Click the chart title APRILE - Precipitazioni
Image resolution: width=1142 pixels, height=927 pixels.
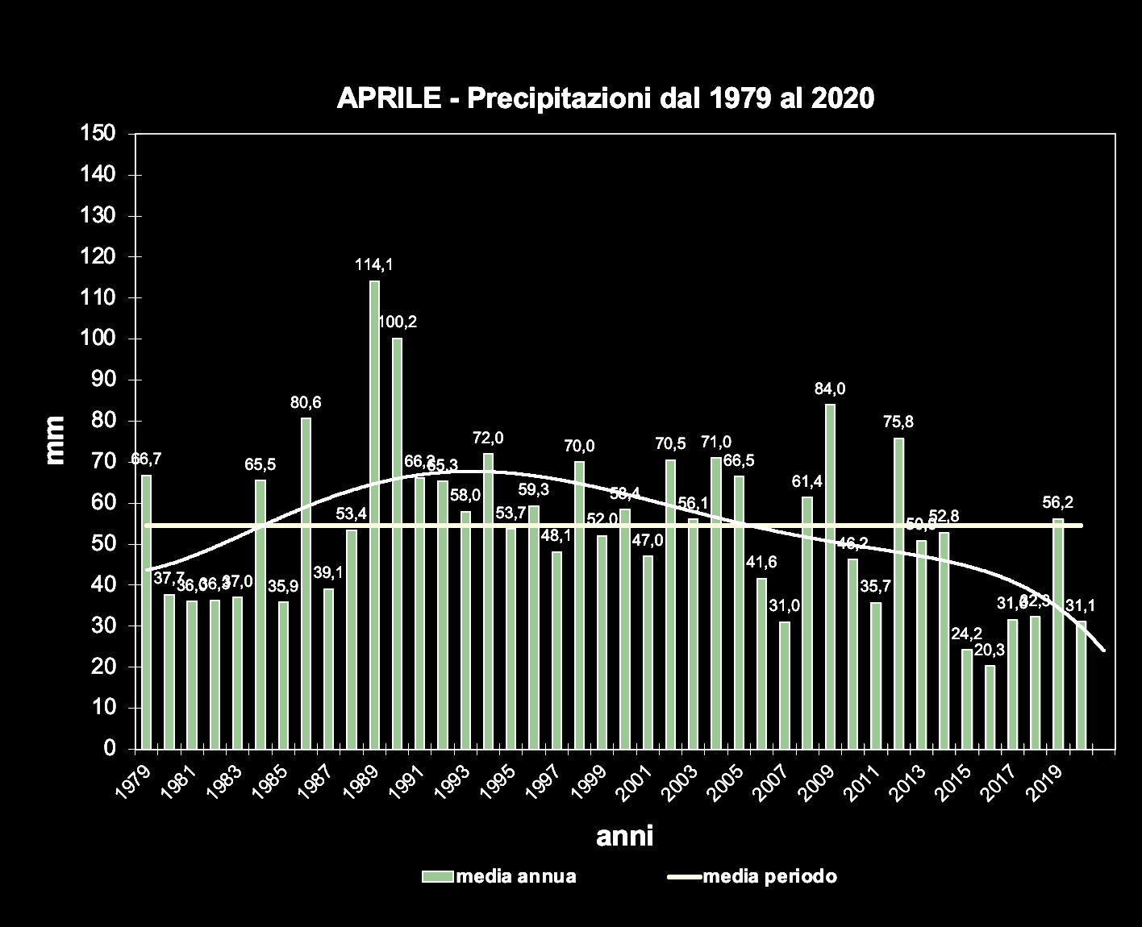pyautogui.click(x=605, y=98)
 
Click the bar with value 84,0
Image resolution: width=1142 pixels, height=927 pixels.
pyautogui.click(x=830, y=576)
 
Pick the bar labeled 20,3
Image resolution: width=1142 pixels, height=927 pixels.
pyautogui.click(x=990, y=706)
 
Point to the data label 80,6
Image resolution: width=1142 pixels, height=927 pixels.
pyautogui.click(x=306, y=403)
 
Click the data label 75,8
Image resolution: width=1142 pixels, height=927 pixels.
pyautogui.click(x=898, y=422)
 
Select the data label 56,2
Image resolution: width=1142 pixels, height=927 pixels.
pyautogui.click(x=1057, y=502)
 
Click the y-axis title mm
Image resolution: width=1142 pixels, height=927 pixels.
pyautogui.click(x=55, y=440)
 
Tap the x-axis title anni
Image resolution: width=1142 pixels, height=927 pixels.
pyautogui.click(x=624, y=837)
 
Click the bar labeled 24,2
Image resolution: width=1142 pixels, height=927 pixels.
pyautogui.click(x=966, y=698)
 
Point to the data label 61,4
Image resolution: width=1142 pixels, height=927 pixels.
pyautogui.click(x=806, y=482)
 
